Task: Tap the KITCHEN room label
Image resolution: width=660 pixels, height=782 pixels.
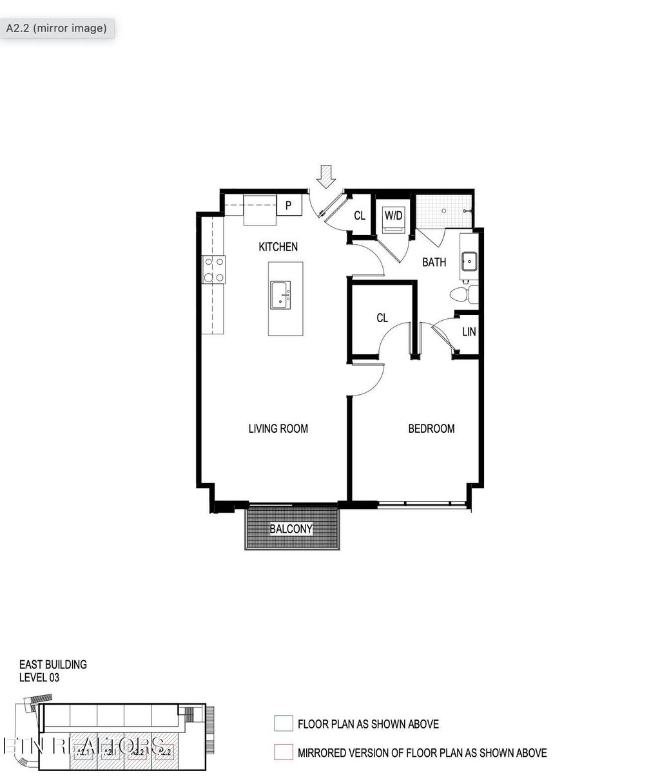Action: coord(278,247)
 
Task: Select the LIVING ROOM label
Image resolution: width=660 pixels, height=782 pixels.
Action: coord(278,428)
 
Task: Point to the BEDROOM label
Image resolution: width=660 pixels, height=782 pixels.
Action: coord(431,428)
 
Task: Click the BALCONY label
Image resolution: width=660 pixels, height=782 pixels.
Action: coord(291,529)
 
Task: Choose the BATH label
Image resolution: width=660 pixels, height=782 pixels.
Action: coord(434,262)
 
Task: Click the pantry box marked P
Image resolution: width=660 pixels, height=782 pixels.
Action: coord(289,206)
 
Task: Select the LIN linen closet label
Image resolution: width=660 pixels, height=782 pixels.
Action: coord(469,332)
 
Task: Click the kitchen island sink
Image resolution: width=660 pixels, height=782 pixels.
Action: coord(280,295)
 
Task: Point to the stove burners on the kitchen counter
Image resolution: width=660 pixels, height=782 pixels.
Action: coord(214,269)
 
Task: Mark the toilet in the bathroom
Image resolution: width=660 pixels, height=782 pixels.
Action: coord(463,295)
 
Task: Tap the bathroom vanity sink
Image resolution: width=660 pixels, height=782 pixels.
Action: coord(469,262)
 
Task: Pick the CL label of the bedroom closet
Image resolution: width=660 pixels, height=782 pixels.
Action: coord(382,318)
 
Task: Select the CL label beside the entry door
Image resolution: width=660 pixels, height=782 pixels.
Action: coord(360,216)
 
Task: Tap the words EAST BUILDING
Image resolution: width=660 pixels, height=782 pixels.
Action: coord(53,664)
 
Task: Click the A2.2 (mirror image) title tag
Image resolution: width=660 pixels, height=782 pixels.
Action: coord(57,28)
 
